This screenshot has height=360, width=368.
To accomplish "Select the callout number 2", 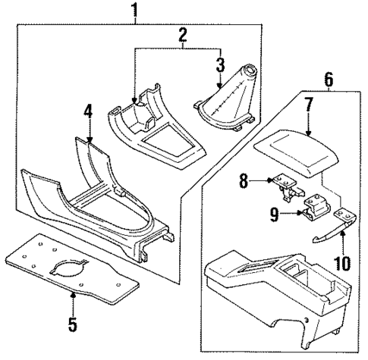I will coord(182,35).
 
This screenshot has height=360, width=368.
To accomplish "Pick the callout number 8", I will coord(244,180).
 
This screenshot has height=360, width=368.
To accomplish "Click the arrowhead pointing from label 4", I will coord(90,140).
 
